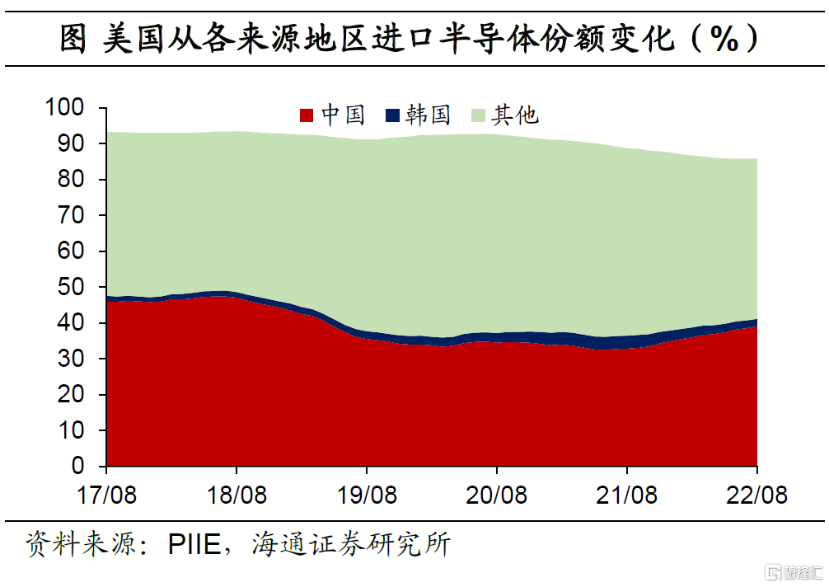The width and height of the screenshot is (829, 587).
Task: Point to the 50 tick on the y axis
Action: tap(72, 288)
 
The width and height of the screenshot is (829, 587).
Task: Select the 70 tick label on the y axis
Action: tap(72, 216)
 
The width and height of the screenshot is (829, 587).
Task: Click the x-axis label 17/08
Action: tap(106, 495)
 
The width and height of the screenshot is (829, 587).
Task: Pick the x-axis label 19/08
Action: tap(367, 495)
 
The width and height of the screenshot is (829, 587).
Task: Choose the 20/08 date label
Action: tap(497, 495)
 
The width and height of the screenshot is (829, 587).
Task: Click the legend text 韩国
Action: tap(429, 115)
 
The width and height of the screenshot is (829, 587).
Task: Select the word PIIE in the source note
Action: tap(194, 546)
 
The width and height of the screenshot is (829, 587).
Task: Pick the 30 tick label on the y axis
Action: tap(72, 359)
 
